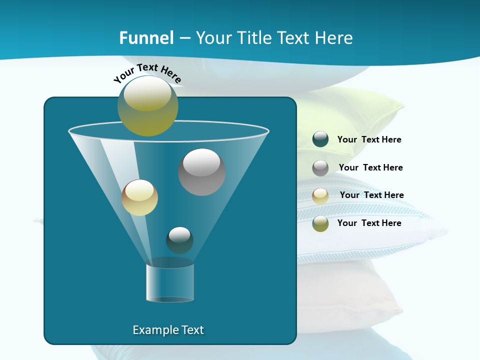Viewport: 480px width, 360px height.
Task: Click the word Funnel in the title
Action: pyautogui.click(x=146, y=38)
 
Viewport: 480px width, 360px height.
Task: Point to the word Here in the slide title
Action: pyautogui.click(x=332, y=38)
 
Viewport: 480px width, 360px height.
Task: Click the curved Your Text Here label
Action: pyautogui.click(x=147, y=73)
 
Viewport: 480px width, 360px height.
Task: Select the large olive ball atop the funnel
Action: pyautogui.click(x=147, y=106)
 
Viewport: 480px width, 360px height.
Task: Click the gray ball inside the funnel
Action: pyautogui.click(x=201, y=172)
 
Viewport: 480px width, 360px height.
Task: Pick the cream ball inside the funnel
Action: pyautogui.click(x=139, y=197)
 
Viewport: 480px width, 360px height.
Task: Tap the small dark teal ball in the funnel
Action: pyautogui.click(x=179, y=240)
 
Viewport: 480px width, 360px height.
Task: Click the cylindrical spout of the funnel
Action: pyautogui.click(x=170, y=282)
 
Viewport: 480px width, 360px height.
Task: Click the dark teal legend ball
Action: pyautogui.click(x=320, y=139)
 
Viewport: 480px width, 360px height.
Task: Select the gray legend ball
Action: pyautogui.click(x=320, y=168)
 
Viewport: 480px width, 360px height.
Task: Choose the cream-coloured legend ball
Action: pyautogui.click(x=320, y=195)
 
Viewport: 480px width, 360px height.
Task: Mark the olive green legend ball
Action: pyautogui.click(x=320, y=223)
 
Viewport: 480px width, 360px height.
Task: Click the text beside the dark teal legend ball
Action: pyautogui.click(x=369, y=139)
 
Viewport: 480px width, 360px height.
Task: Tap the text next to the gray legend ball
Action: pyautogui.click(x=370, y=167)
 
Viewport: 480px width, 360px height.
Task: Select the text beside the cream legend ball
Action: pyautogui.click(x=371, y=195)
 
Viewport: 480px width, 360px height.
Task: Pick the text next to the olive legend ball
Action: pyautogui.click(x=369, y=223)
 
